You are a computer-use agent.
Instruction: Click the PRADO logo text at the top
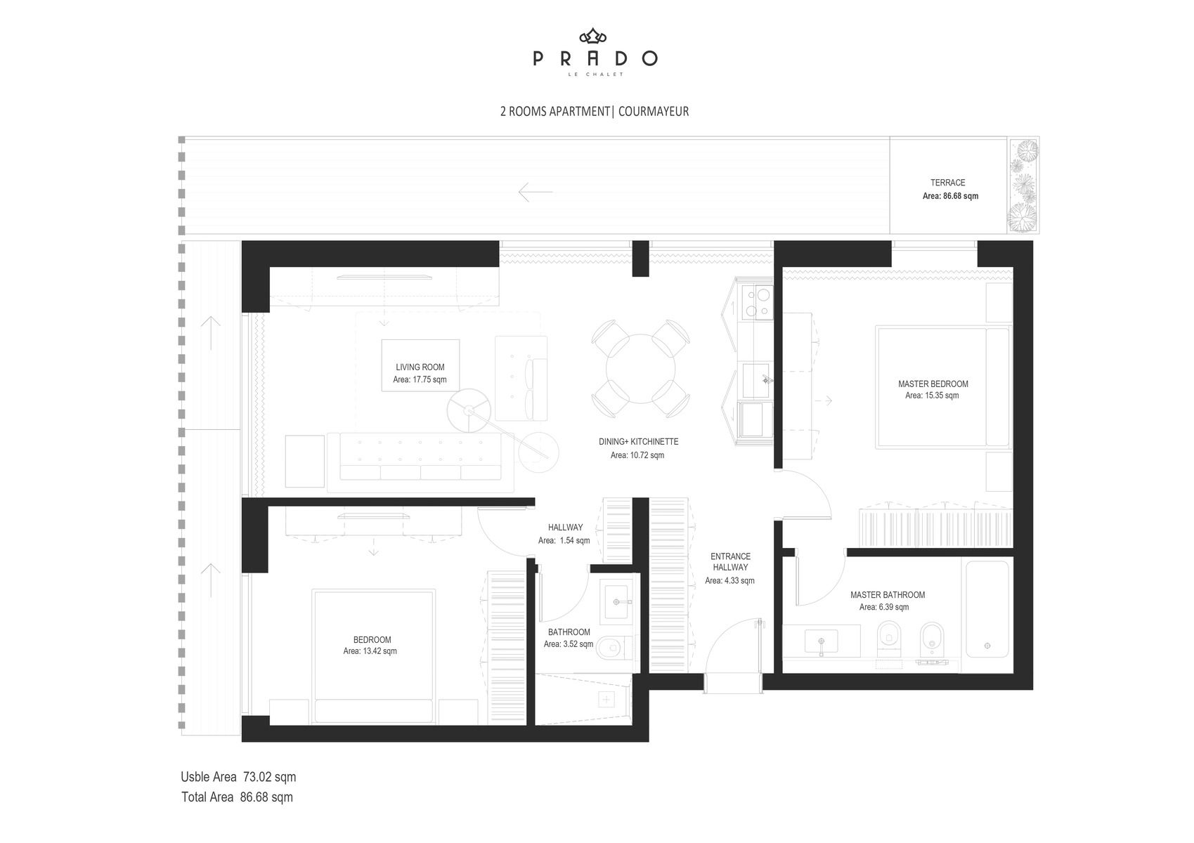595,58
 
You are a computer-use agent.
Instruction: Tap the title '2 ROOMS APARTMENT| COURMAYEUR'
595,112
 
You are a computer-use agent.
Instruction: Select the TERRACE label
948,183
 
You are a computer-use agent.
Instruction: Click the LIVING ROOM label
420,367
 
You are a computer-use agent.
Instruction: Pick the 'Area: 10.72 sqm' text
637,455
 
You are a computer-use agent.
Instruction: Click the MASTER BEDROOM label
933,384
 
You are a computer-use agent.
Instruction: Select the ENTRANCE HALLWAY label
730,561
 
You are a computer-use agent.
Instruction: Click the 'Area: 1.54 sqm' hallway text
564,540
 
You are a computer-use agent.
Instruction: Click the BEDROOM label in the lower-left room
372,639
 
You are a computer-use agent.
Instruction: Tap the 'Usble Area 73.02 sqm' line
238,777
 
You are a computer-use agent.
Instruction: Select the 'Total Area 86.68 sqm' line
238,797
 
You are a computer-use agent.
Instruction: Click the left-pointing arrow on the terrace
536,192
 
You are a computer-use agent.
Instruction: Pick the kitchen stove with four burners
757,302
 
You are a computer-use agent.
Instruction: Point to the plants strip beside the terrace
1023,185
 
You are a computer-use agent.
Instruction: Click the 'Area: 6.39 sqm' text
884,607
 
